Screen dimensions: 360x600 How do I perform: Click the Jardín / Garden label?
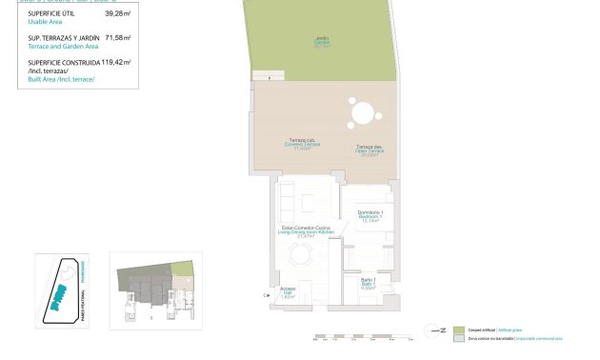(322, 41)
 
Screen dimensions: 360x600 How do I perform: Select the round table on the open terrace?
(363, 113)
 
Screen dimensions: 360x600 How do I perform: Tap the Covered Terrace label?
(302, 144)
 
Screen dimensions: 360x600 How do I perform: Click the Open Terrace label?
(369, 150)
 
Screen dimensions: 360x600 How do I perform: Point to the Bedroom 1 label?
(370, 215)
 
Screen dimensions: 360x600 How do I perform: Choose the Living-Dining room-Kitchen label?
(302, 231)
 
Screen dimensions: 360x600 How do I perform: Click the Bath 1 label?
(370, 284)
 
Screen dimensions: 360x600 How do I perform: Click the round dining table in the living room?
(302, 255)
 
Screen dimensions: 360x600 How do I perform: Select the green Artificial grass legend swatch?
(458, 329)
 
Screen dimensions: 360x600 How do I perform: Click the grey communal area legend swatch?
(458, 338)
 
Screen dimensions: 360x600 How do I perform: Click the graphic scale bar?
(367, 335)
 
